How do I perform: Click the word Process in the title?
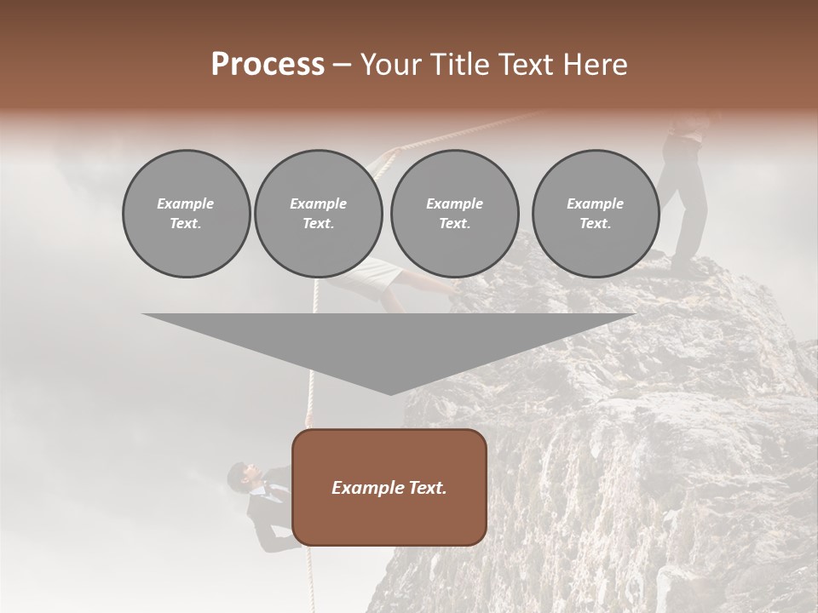268,65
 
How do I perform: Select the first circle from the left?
186,214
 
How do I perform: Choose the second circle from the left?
318,214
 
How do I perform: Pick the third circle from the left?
454,214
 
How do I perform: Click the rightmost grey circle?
595,214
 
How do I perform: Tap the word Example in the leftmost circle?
186,203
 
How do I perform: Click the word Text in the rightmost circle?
595,224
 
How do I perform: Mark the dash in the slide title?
343,65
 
